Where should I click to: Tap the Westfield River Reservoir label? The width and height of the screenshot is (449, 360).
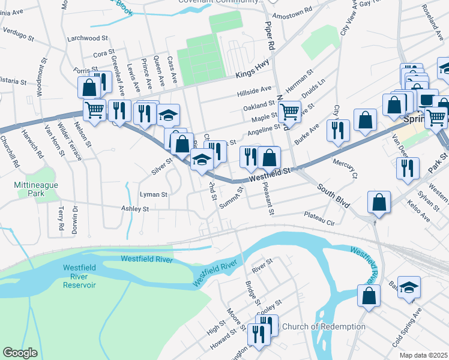[79, 276]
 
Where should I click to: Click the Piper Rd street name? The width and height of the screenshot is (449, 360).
[270, 36]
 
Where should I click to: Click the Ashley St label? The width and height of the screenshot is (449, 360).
[134, 209]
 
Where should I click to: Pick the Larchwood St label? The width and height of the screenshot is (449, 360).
[83, 38]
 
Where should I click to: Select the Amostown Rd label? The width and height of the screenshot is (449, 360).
[292, 11]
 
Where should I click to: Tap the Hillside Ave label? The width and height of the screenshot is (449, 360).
[254, 90]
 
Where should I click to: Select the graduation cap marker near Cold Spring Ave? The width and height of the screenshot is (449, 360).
[409, 287]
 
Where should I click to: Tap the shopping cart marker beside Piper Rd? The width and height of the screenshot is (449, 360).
[289, 110]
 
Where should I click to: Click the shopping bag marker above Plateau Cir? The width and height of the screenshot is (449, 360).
[379, 202]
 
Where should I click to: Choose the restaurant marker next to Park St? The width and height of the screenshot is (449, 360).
[408, 168]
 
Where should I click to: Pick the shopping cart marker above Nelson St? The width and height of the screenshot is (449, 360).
[94, 110]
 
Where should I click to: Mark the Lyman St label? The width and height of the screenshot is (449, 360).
[153, 194]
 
